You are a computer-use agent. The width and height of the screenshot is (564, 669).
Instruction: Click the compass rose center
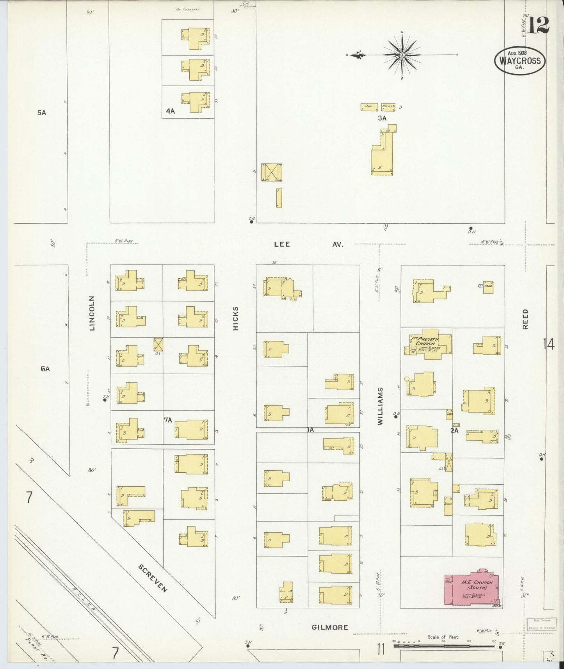402,55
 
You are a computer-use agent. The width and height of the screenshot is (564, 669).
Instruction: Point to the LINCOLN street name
93,313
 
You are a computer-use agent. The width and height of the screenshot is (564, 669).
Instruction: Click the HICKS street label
235,318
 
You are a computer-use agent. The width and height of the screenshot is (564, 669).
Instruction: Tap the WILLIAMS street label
381,406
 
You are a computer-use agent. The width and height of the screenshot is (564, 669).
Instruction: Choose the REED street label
525,319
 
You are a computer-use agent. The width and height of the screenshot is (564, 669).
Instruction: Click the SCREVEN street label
153,578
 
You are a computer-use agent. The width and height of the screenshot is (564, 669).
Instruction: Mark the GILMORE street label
330,628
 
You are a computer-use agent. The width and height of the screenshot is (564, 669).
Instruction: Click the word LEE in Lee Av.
282,244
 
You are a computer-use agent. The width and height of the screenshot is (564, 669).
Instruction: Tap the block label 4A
170,111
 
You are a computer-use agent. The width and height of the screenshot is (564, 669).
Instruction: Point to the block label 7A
168,420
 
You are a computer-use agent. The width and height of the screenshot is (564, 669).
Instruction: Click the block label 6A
45,368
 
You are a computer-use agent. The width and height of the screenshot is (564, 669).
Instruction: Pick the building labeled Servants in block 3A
388,107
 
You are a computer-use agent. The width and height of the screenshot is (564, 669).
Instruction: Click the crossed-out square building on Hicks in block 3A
271,172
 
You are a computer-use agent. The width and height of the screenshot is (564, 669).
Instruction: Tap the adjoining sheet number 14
548,345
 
